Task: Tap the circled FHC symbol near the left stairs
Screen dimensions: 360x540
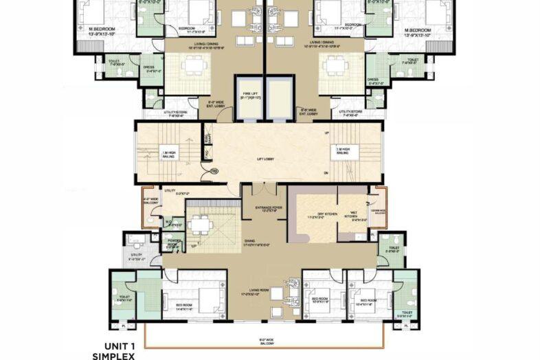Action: tap(214, 170)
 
